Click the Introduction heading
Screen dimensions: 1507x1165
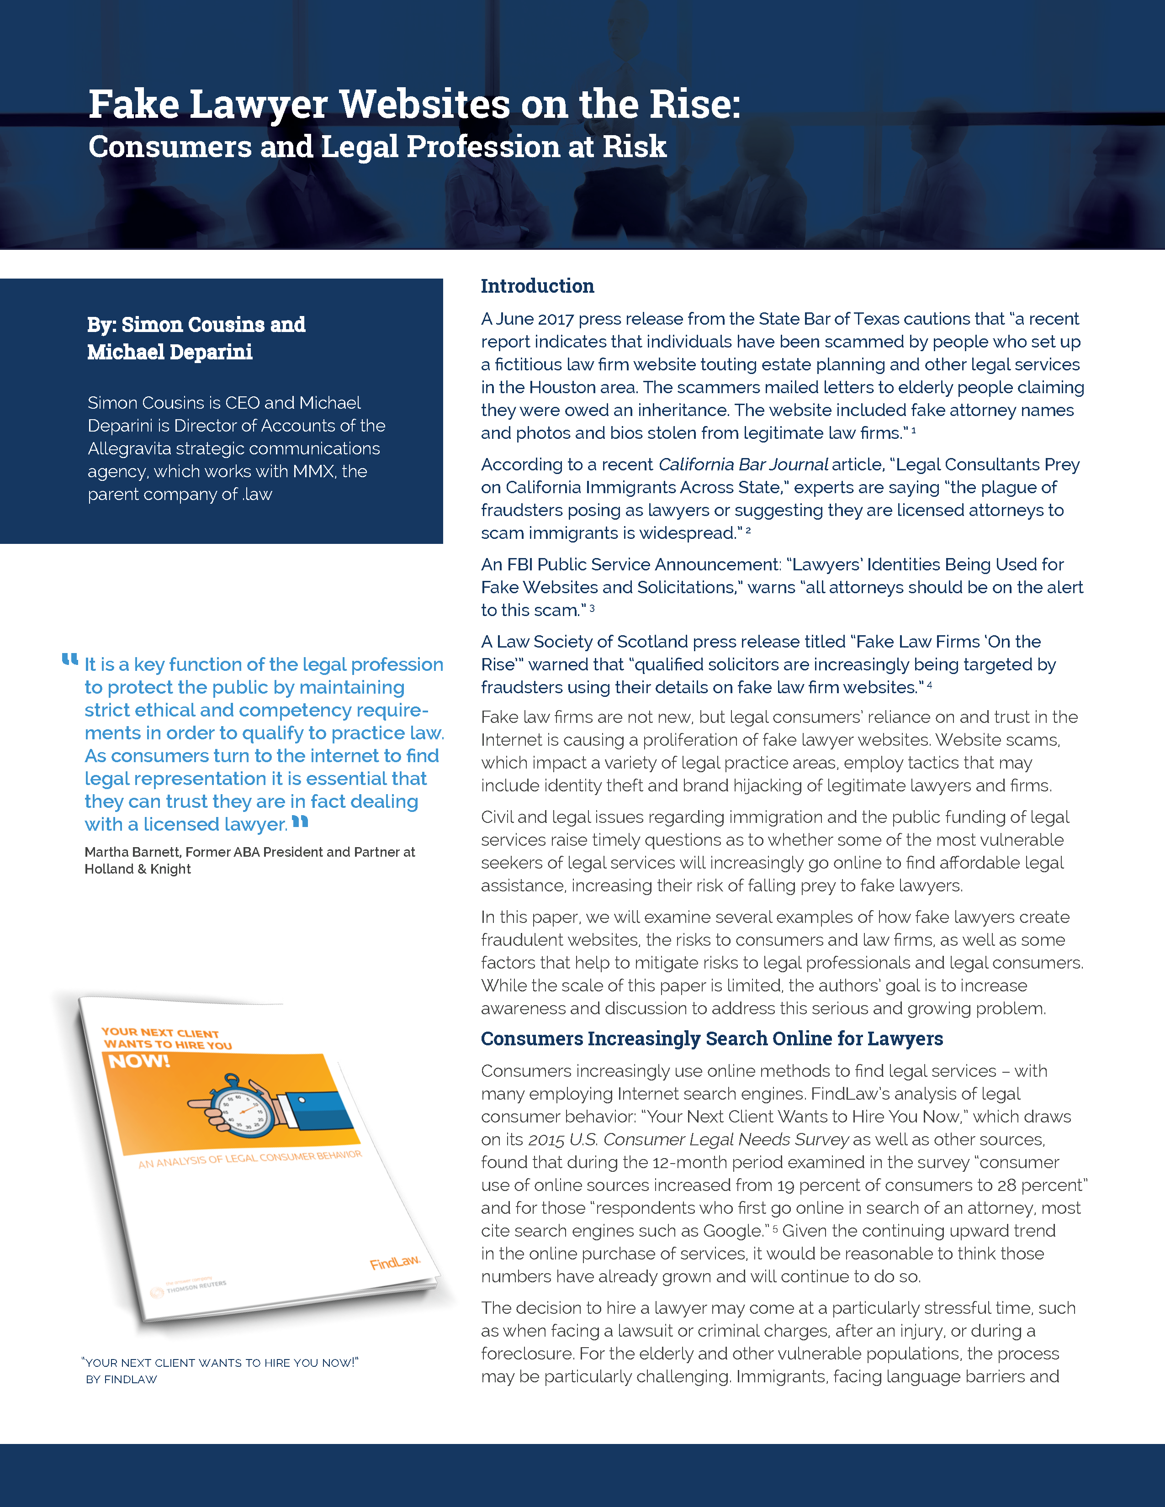(537, 286)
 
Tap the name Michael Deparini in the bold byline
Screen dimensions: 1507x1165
(170, 352)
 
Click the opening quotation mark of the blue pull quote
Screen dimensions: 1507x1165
(70, 660)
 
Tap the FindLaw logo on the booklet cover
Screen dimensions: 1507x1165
(394, 1262)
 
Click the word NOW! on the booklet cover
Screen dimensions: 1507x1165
(139, 1061)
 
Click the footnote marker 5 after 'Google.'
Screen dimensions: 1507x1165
(775, 1229)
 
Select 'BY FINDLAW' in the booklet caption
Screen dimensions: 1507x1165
(122, 1379)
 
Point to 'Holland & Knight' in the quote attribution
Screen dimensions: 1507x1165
(138, 869)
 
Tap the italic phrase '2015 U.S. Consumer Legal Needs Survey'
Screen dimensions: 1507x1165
(688, 1139)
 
